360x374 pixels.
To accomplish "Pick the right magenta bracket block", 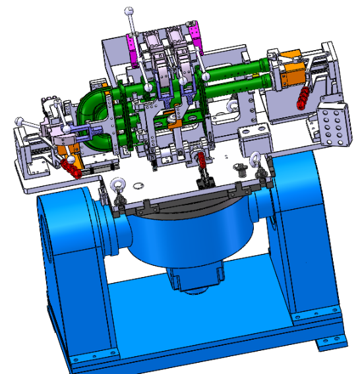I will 196,38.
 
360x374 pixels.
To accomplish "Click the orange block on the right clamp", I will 291,78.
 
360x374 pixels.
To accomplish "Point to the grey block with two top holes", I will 255,139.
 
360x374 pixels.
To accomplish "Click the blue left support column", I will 66,251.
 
